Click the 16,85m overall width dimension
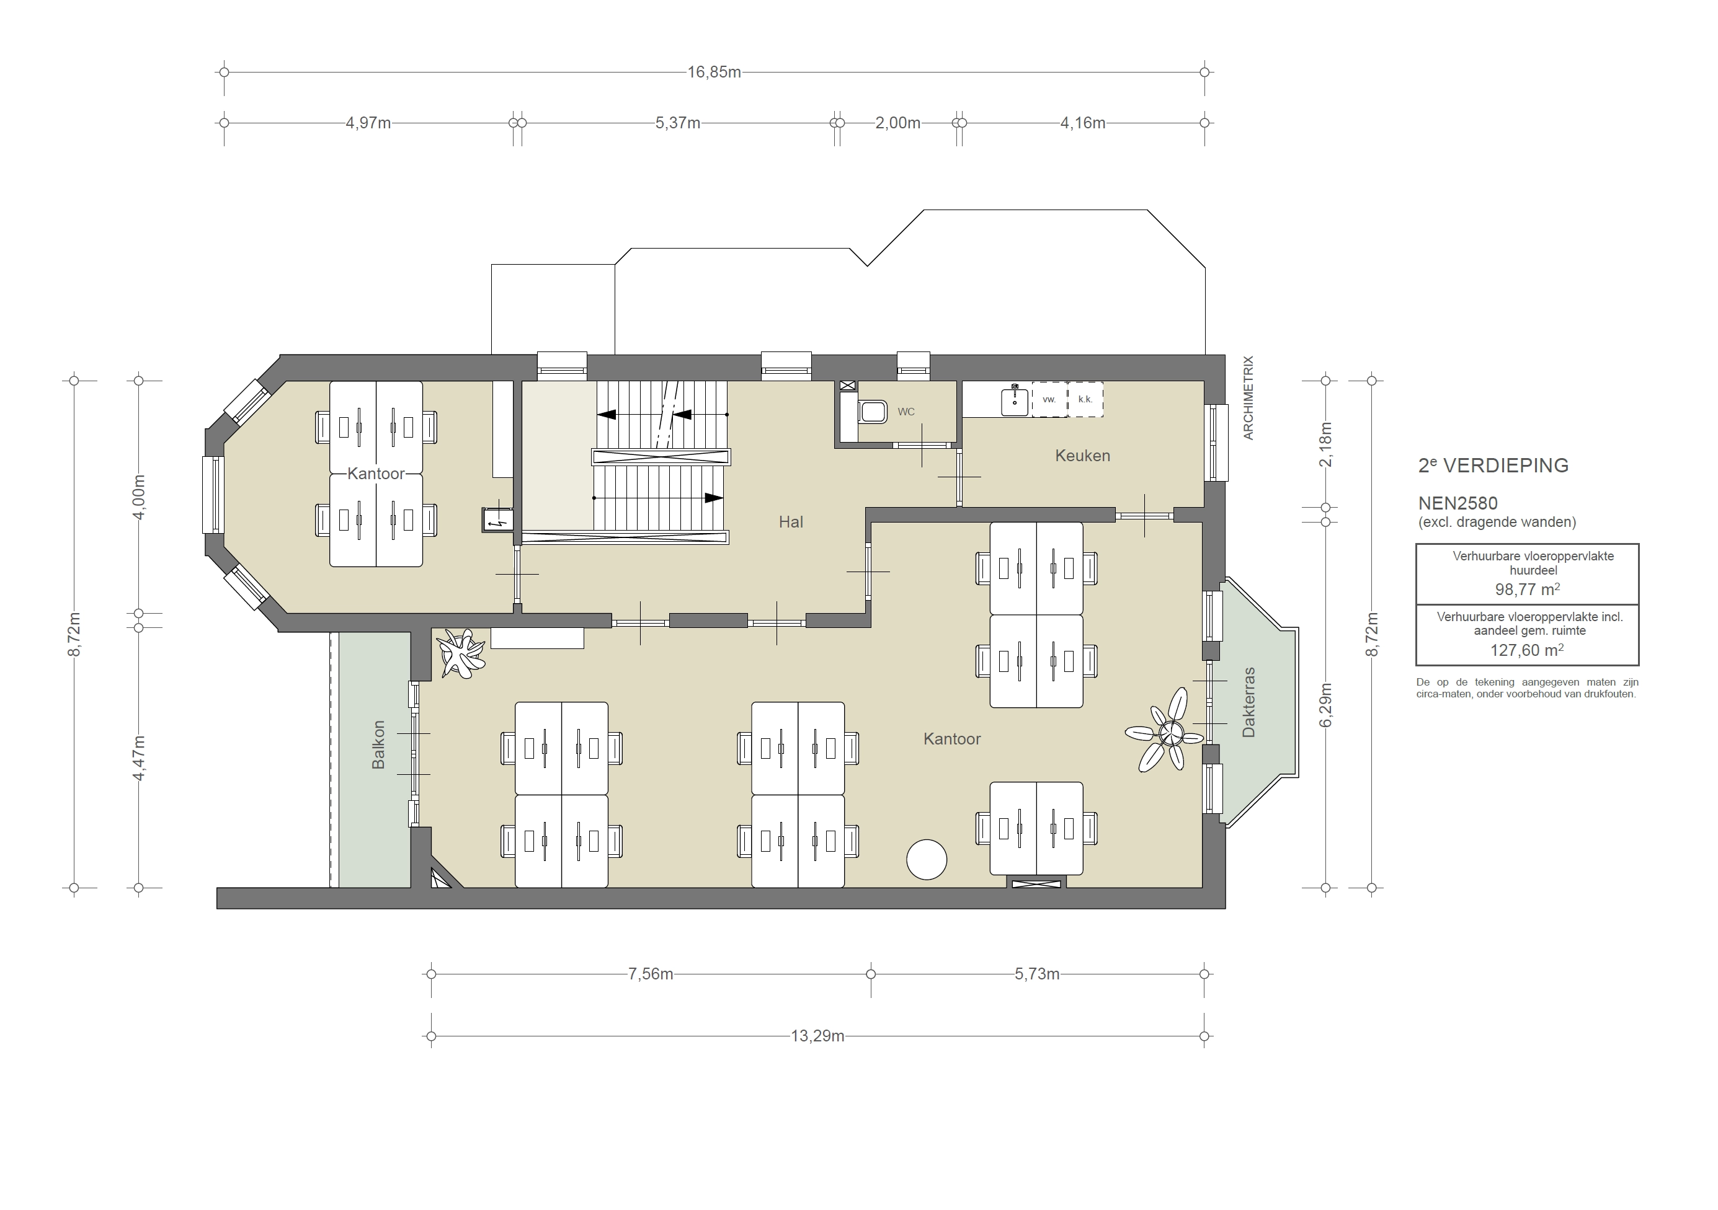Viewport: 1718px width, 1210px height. tap(714, 73)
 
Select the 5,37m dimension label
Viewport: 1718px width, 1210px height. tap(677, 123)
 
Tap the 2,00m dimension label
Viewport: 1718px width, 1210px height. tap(897, 123)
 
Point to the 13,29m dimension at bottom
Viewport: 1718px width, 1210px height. tap(817, 1036)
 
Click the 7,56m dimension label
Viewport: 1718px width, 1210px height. tap(649, 974)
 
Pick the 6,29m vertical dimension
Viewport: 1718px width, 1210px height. tap(1325, 704)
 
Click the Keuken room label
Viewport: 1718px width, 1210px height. tap(1082, 456)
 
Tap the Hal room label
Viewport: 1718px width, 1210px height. tap(790, 522)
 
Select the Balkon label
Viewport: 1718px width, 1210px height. tap(378, 745)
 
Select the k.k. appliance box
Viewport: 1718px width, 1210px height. tap(1085, 399)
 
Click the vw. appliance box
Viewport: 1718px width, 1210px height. tap(1049, 399)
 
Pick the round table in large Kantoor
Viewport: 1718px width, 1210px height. tap(927, 859)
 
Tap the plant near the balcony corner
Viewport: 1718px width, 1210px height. tap(460, 653)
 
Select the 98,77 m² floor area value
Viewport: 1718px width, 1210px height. tap(1526, 590)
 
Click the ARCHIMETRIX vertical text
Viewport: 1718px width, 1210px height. tap(1247, 398)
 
